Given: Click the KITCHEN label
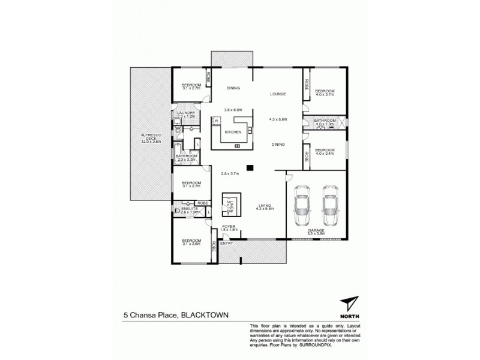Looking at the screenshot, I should [233, 132].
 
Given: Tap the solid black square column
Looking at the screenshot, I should [250, 168].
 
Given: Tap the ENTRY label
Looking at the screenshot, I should [226, 243].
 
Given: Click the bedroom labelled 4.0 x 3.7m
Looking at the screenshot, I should [325, 93].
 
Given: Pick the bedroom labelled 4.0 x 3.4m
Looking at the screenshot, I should [325, 152].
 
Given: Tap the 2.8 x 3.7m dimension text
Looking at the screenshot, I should [229, 173].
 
